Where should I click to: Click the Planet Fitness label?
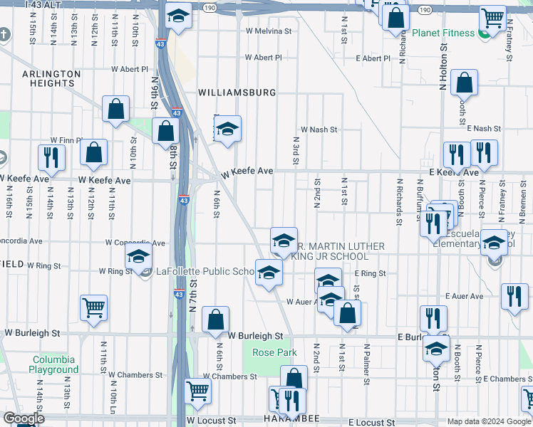pos(447,33)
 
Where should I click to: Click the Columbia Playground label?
pos(54,364)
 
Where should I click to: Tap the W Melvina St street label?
pos(269,31)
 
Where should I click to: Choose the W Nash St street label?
pos(318,130)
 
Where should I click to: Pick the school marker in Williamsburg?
pos(227,129)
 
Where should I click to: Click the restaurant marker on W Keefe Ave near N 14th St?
pos(51,157)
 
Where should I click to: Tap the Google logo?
pos(24,418)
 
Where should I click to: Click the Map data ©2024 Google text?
pos(488,421)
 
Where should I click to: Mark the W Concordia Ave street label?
pos(135,243)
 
